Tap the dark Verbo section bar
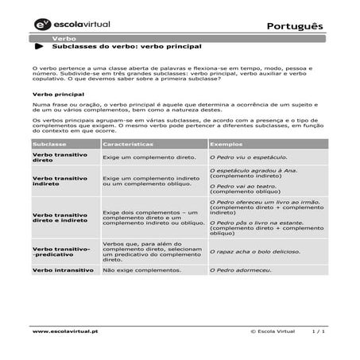point(180,38)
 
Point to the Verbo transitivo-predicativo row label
point(61,252)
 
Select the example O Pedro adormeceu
point(240,270)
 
